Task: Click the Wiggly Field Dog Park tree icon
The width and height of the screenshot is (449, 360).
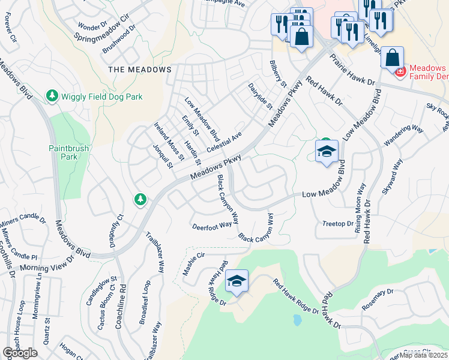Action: tap(52, 96)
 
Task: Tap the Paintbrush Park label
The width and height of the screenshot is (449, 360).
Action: tap(64, 151)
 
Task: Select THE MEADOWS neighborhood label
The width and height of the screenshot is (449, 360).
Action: tap(140, 70)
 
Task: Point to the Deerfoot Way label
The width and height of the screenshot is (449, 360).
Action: tap(212, 226)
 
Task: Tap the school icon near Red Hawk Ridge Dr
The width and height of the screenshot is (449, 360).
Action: tap(237, 281)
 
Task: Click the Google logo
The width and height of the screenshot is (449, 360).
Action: tap(20, 353)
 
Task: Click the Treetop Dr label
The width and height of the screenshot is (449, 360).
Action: tap(338, 223)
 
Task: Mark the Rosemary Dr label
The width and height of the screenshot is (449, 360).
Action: tap(378, 301)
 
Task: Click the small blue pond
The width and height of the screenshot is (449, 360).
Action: tap(297, 320)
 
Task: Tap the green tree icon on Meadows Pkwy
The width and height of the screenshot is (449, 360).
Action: tap(140, 199)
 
